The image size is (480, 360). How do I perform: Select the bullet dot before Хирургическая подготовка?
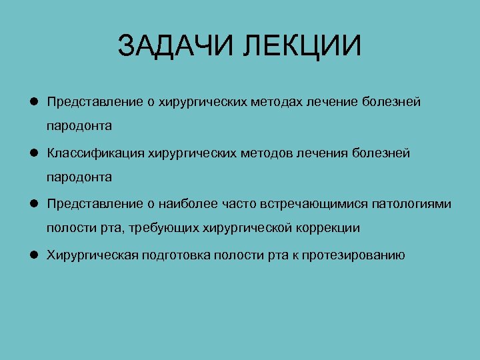click(32, 255)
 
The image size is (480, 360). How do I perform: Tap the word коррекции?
click(327, 228)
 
